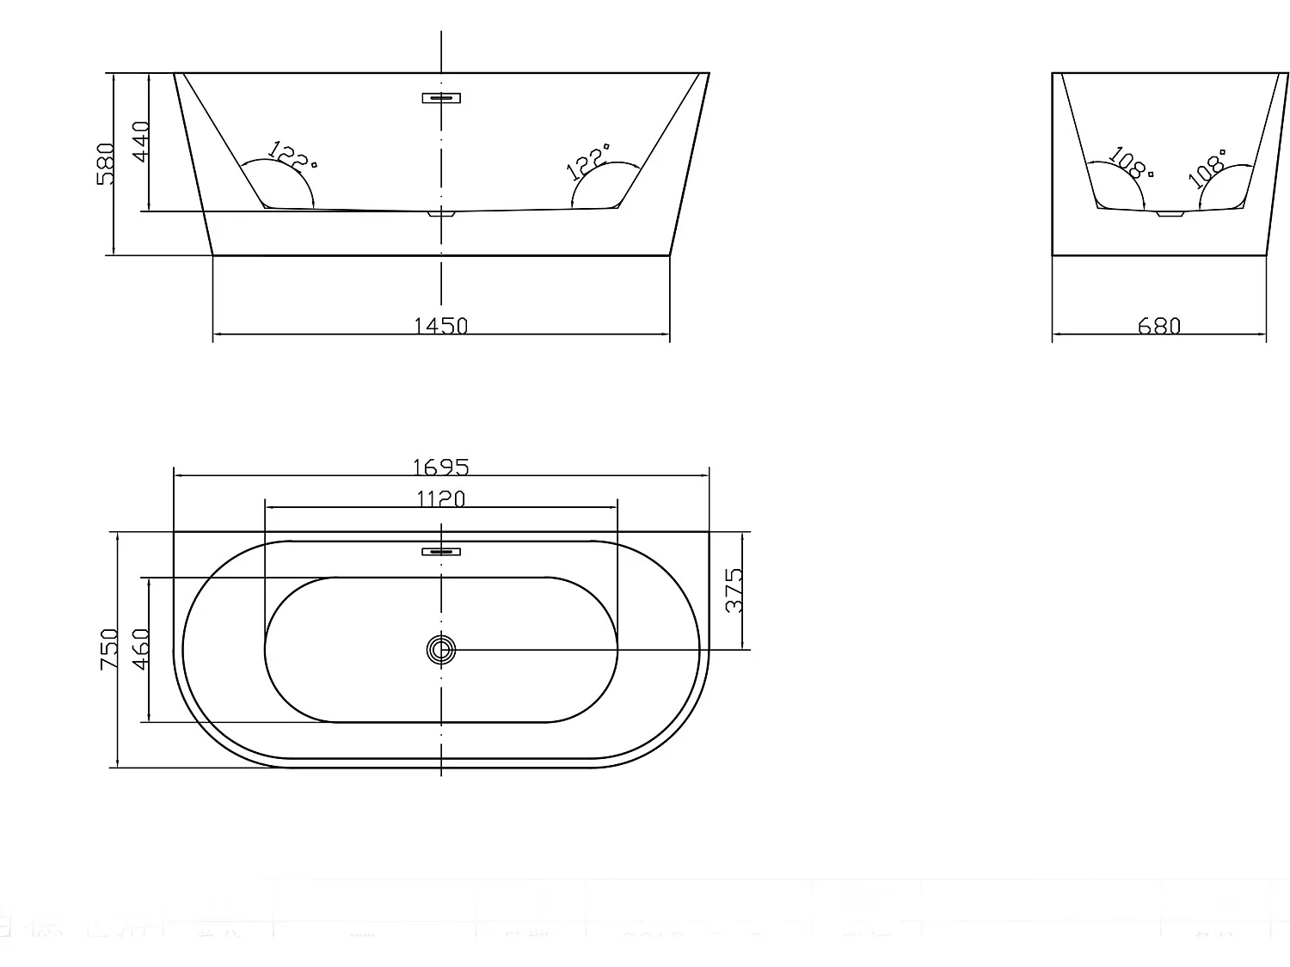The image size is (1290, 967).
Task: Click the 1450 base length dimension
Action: click(441, 326)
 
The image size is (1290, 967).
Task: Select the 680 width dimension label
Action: click(1159, 326)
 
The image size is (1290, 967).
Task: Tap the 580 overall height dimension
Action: click(106, 164)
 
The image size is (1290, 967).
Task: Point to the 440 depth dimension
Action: click(141, 140)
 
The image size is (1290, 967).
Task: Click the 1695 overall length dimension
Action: click(441, 467)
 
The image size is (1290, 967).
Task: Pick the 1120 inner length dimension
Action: click(441, 499)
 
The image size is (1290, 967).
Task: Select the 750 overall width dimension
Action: click(109, 649)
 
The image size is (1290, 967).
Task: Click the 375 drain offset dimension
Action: click(734, 591)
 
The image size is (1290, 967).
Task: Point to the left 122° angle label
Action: click(292, 155)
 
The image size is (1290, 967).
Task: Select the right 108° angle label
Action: click(1207, 169)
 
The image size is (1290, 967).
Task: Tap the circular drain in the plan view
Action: click(441, 650)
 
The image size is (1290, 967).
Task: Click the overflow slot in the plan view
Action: click(441, 551)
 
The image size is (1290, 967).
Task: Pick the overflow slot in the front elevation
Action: click(441, 98)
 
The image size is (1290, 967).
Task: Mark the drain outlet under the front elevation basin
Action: click(441, 212)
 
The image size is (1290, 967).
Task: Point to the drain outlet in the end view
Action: click(1170, 212)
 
